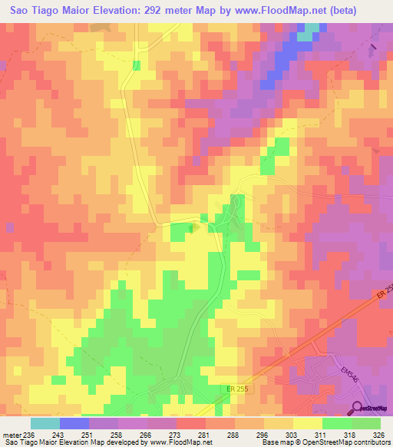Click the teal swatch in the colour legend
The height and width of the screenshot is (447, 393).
coord(45,423)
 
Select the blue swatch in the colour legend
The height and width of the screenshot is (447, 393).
coord(74,423)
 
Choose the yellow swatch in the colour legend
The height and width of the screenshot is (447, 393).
coord(307,423)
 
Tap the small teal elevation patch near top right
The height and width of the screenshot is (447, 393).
coord(305,35)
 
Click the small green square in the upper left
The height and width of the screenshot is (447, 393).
coord(137,65)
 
